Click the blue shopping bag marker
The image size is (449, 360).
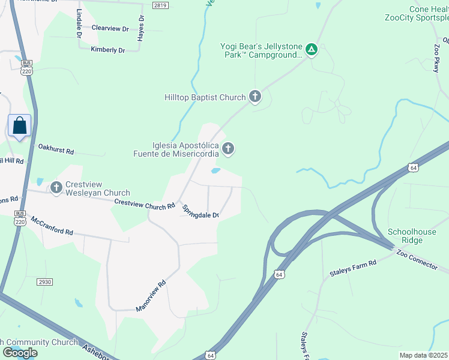[20, 126]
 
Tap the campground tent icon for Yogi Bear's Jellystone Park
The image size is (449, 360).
[311, 49]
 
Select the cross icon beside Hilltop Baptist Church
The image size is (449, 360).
[255, 96]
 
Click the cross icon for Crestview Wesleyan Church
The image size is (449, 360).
[56, 188]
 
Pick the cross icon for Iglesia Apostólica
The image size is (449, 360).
[228, 148]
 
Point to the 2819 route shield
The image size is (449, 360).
[160, 5]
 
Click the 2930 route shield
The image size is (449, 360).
[44, 281]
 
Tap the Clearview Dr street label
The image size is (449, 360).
[110, 28]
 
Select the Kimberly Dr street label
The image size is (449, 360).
[107, 50]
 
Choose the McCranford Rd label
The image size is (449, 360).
[52, 226]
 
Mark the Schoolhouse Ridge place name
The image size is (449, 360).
[414, 236]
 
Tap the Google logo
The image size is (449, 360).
[20, 353]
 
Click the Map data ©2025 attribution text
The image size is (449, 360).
[423, 355]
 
